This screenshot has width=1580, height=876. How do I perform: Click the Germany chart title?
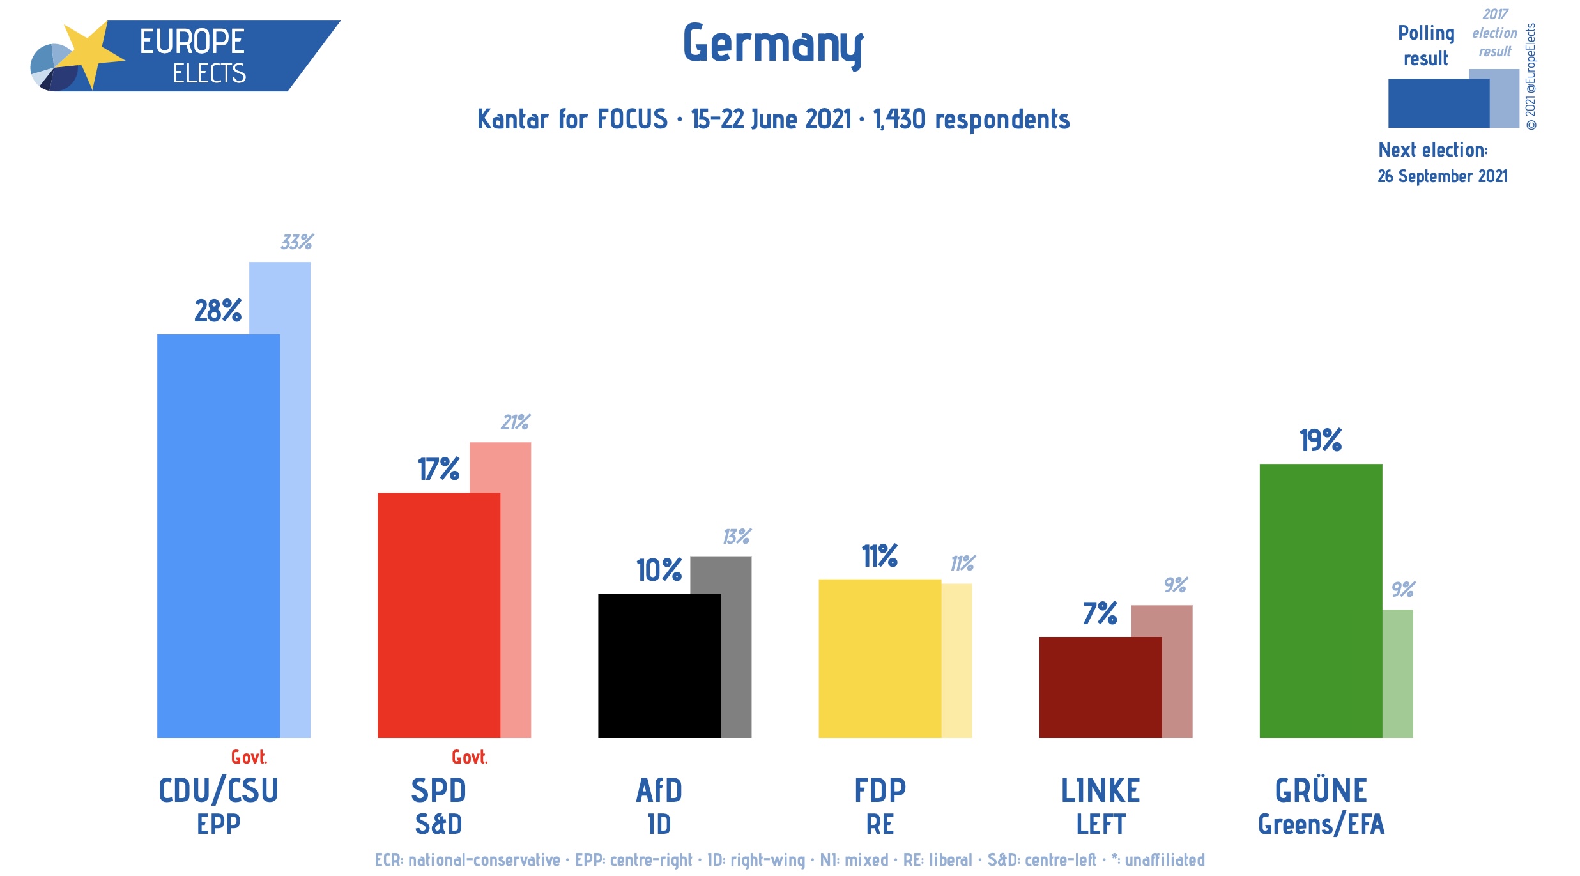772,45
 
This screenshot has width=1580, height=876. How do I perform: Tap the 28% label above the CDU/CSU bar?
218,311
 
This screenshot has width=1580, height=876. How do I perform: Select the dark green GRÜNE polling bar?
1320,601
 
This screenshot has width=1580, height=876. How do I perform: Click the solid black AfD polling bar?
659,665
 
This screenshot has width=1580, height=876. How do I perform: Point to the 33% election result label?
296,242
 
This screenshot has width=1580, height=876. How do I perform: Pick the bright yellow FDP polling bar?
879,658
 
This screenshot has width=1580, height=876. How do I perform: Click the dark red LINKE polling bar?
1100,687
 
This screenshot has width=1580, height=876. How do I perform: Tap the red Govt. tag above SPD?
469,757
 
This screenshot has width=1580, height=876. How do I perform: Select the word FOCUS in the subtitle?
632,119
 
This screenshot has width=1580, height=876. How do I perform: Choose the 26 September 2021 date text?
1442,176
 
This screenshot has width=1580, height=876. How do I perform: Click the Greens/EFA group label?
1321,824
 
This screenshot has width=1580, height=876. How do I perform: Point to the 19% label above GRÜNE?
1320,440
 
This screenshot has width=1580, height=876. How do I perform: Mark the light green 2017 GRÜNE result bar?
1397,673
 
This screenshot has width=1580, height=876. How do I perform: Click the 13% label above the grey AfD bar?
736,536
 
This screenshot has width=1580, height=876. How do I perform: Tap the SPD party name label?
438,790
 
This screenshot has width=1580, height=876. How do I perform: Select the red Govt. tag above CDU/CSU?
249,757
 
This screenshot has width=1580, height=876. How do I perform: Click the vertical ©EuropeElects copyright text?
1531,77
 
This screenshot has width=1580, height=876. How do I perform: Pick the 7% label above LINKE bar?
1100,613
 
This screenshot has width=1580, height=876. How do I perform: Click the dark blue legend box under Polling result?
1438,103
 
